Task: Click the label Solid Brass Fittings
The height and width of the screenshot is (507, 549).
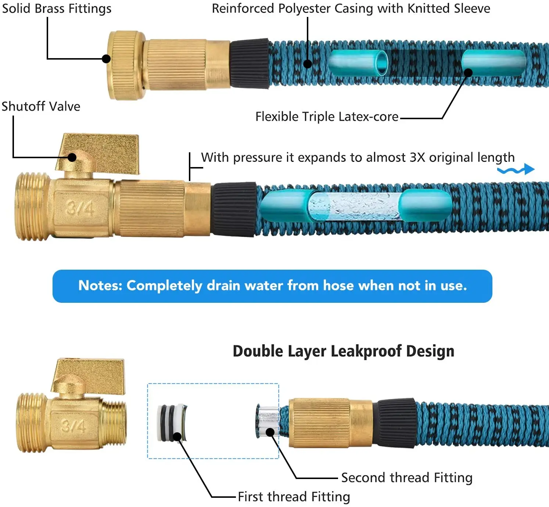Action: pos(57,8)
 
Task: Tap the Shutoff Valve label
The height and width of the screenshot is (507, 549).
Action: pos(41,106)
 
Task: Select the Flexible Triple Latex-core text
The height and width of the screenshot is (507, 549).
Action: pos(327,117)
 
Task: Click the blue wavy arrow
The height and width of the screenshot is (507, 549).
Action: pos(516,170)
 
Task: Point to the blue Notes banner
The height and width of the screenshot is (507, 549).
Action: pos(272,286)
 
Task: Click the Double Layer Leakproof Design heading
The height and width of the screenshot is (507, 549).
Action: pos(344,351)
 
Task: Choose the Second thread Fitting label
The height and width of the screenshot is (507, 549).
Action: pos(406,478)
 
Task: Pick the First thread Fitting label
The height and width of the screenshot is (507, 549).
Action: pos(294,497)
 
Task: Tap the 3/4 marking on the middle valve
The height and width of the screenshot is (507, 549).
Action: pos(80,208)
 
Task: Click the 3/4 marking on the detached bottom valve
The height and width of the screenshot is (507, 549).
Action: pos(74,426)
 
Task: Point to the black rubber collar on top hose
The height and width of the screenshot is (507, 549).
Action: pos(250,63)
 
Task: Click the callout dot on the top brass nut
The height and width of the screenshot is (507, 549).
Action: pos(106,58)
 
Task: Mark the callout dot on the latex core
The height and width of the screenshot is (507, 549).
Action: pos(468,72)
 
